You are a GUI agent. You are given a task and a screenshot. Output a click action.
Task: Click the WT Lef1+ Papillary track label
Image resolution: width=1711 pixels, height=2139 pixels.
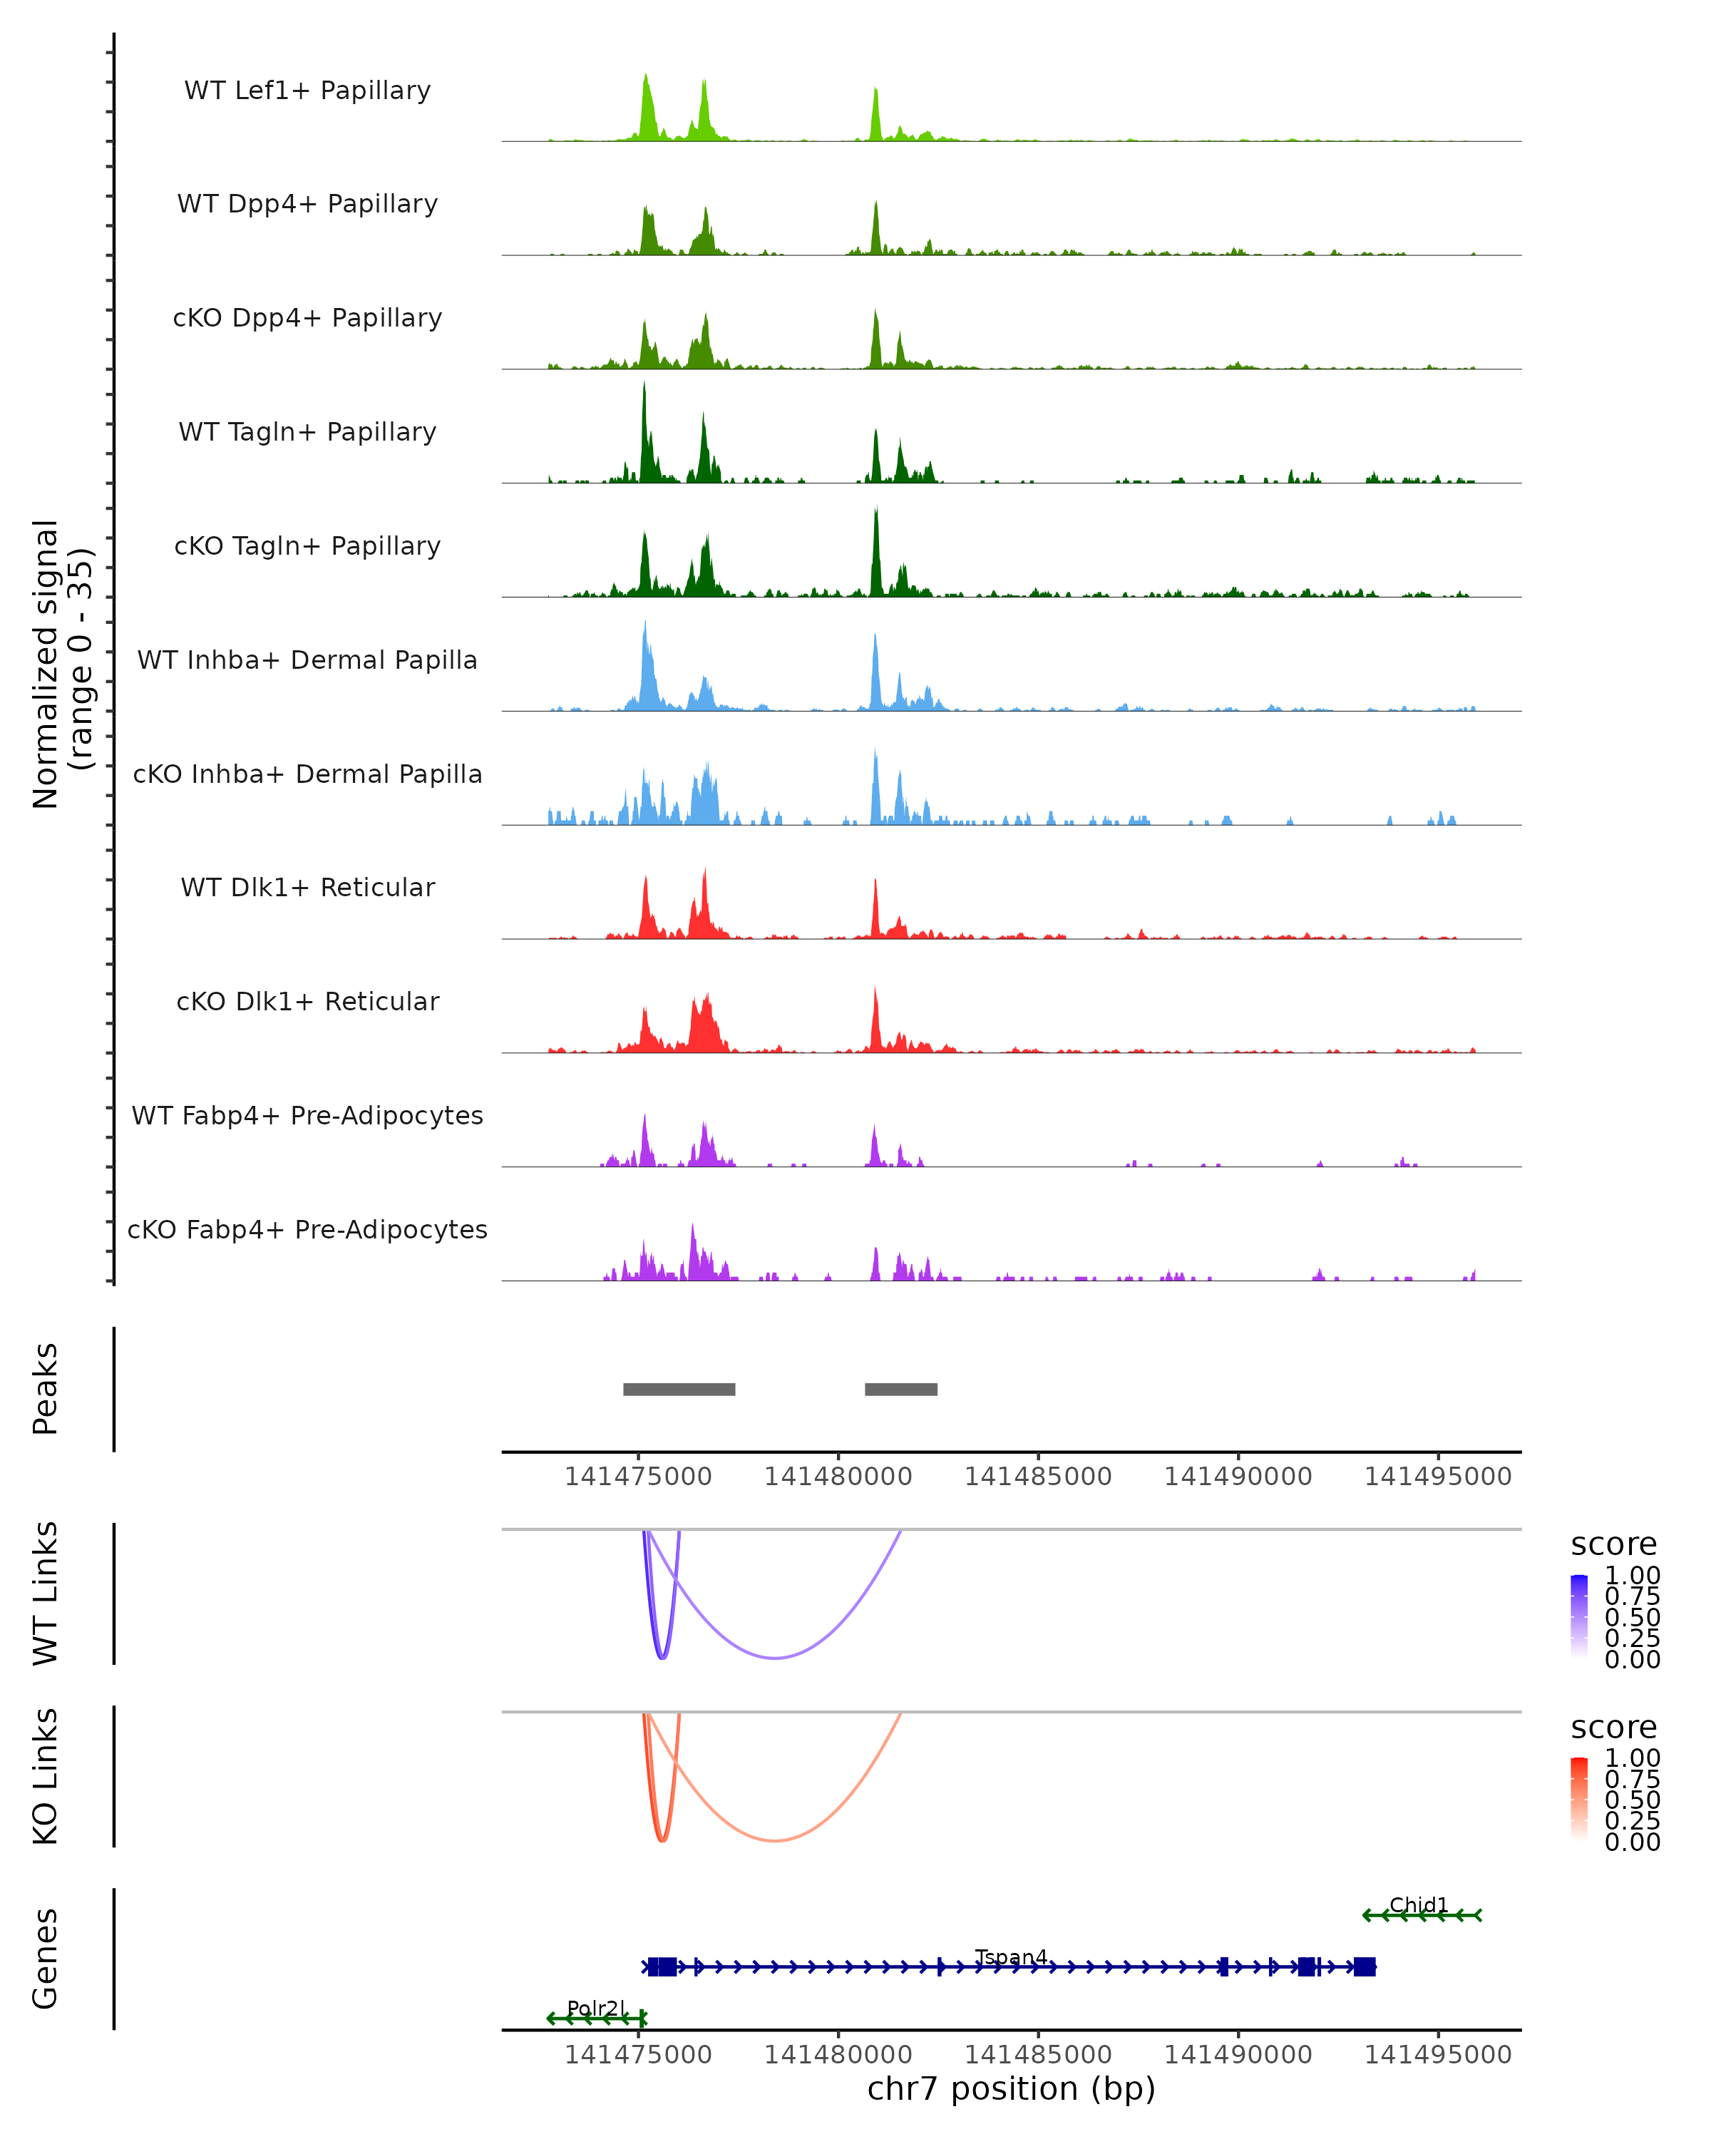coord(307,91)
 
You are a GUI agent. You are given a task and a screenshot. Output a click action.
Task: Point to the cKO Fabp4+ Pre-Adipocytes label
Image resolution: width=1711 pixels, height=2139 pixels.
coord(307,1229)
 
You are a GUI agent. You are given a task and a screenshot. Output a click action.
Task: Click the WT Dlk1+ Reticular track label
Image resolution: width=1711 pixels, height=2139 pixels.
coord(307,887)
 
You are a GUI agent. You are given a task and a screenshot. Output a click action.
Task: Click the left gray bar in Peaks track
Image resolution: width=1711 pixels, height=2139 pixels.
coord(679,1389)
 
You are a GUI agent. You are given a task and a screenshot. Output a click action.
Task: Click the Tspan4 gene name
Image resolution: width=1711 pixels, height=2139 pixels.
coord(1011,1956)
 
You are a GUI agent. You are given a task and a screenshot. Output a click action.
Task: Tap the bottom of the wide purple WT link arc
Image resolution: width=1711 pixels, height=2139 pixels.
coord(775,1658)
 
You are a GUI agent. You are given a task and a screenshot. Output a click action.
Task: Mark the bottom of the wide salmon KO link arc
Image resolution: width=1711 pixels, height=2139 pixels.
coord(775,1840)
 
